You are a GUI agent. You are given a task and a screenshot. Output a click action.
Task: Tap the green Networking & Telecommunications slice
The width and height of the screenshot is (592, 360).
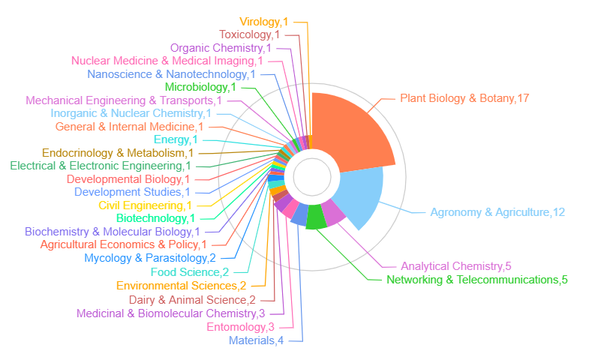[316, 216]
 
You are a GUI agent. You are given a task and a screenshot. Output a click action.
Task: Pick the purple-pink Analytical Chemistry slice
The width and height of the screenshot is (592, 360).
[332, 212]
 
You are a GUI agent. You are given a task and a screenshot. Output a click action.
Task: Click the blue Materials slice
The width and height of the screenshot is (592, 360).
[300, 214]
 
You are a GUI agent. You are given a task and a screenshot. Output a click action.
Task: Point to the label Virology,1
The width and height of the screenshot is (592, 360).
[264, 22]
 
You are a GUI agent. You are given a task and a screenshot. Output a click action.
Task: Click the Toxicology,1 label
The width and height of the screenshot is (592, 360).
[250, 34]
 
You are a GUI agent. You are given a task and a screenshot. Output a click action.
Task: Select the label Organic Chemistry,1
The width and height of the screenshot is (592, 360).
[221, 48]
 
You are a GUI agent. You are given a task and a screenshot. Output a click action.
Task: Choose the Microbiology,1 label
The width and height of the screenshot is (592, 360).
[200, 87]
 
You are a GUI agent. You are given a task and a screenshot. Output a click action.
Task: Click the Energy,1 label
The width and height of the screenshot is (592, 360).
[176, 139]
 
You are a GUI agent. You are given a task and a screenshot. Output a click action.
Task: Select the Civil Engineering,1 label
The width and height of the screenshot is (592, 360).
[145, 205]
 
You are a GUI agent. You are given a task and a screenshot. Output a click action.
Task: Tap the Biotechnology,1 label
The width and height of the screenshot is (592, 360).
[155, 218]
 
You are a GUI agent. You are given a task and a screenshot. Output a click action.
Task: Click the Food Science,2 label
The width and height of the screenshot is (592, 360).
[190, 272]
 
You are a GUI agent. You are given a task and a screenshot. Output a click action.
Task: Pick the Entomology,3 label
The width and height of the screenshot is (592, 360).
[241, 327]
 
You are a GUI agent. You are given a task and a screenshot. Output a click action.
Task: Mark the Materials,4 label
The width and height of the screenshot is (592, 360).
[256, 340]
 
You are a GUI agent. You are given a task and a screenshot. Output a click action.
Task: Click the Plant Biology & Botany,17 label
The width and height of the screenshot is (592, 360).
[464, 98]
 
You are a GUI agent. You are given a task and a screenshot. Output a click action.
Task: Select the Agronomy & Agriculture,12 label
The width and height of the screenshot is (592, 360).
[497, 212]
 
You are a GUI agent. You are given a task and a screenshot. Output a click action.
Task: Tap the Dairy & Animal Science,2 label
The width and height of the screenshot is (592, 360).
[192, 300]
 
